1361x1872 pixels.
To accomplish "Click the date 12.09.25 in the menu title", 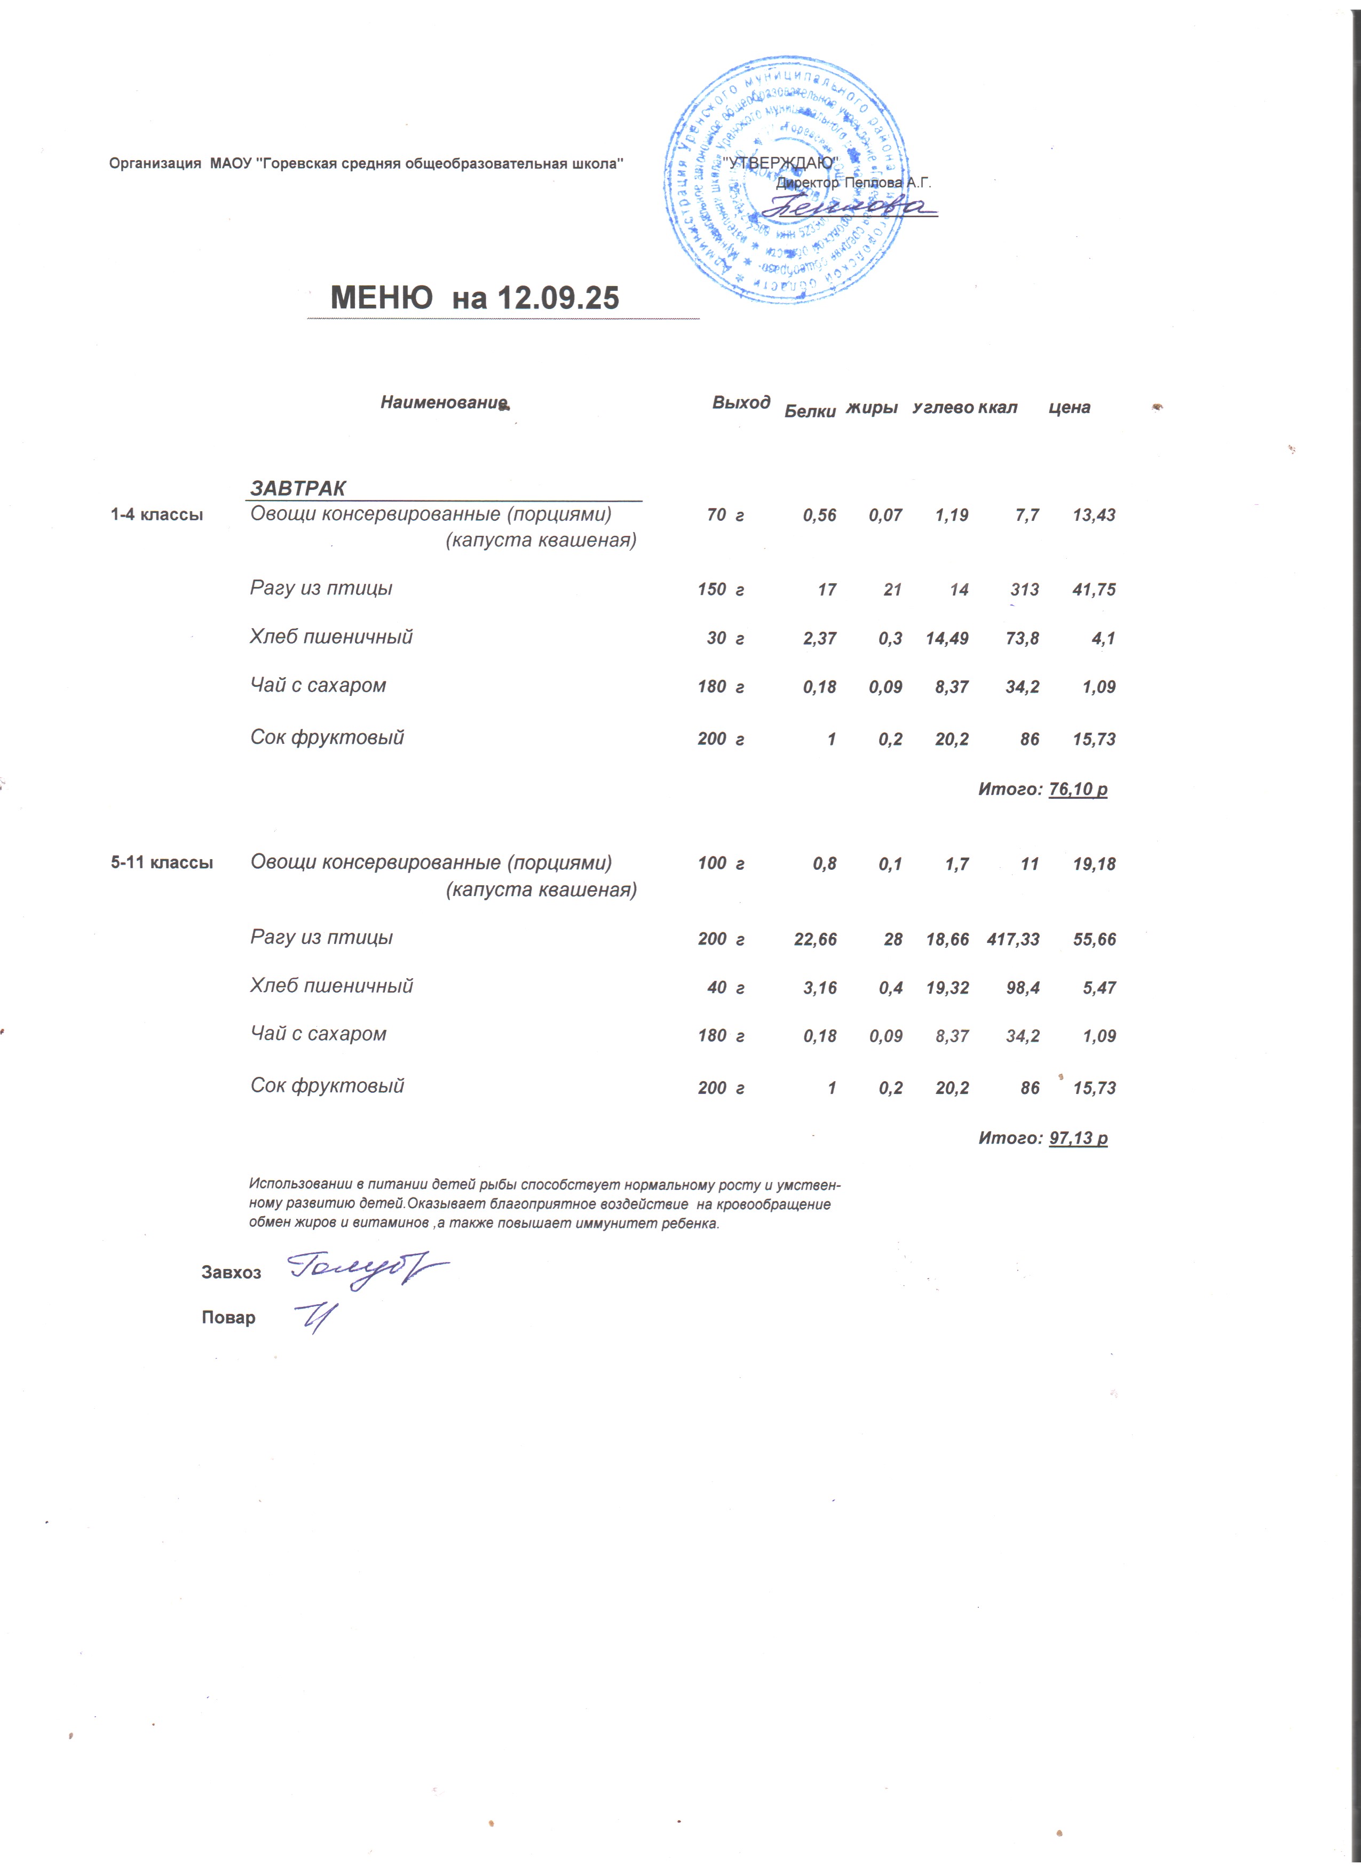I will coord(558,298).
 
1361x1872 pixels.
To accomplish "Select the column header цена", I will coord(1069,408).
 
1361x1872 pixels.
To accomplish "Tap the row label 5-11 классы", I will coord(162,863).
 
